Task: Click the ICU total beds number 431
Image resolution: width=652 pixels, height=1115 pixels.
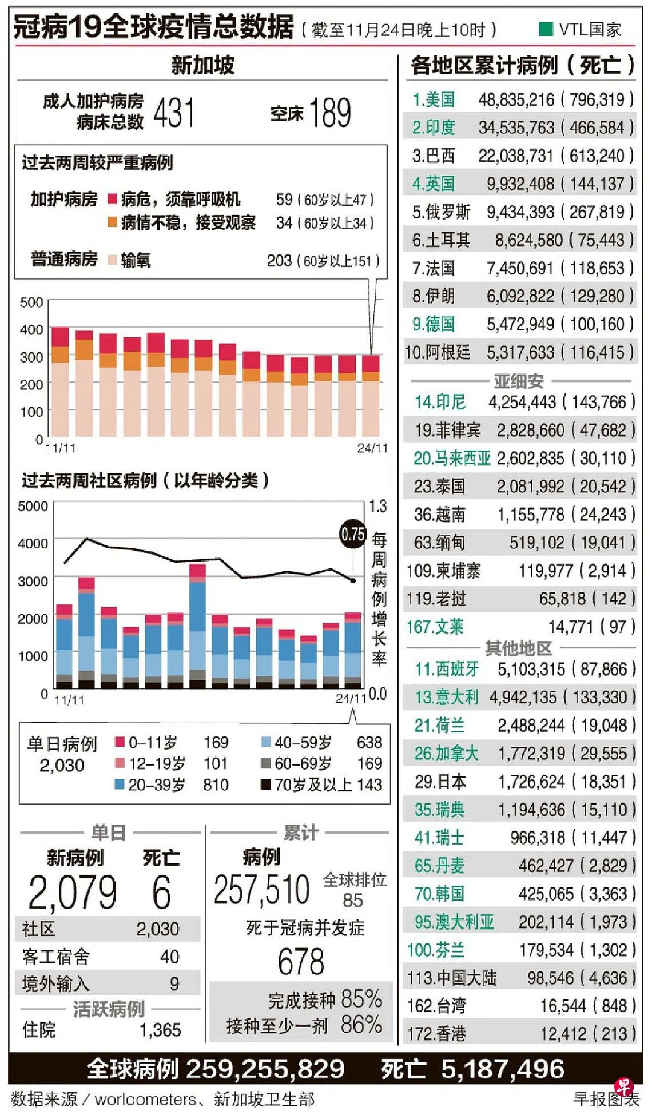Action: [x=174, y=112]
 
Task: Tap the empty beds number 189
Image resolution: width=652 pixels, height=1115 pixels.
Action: [x=330, y=112]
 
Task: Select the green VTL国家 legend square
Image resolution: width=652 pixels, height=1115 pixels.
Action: [x=546, y=29]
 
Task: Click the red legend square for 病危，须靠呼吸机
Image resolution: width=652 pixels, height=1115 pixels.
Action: [x=113, y=199]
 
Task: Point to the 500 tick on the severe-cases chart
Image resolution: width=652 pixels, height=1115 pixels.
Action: [x=31, y=302]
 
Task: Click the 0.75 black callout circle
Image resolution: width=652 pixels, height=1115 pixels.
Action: [x=352, y=534]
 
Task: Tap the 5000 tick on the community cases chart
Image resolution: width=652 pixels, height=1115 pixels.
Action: [x=33, y=506]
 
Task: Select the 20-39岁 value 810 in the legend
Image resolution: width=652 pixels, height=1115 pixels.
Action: [x=216, y=785]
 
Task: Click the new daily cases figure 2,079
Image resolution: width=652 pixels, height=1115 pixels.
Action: [x=73, y=892]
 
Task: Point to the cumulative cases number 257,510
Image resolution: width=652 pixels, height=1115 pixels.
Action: [x=261, y=890]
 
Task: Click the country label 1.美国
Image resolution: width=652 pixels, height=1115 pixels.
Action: [x=434, y=99]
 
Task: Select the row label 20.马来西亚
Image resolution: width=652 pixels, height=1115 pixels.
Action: [x=452, y=458]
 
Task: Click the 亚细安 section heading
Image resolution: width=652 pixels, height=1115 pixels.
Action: [x=519, y=380]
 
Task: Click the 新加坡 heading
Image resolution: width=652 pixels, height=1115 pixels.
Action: [x=203, y=65]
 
